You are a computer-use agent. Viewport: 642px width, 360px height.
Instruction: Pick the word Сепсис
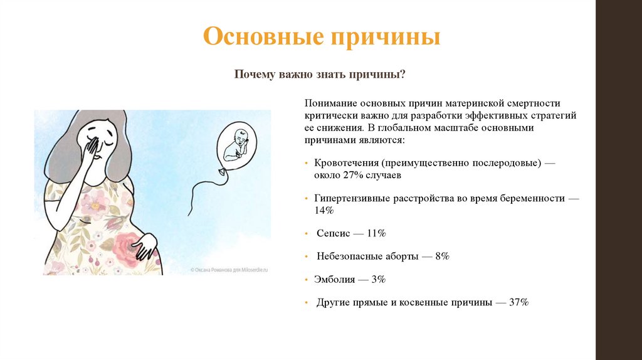pyautogui.click(x=332, y=233)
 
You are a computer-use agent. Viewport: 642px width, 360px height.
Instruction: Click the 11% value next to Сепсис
pyautogui.click(x=376, y=233)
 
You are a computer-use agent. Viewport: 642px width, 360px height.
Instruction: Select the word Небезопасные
pyautogui.click(x=351, y=257)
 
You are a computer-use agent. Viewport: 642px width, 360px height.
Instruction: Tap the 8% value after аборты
pyautogui.click(x=441, y=257)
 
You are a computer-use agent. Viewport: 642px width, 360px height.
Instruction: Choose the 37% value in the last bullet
pyautogui.click(x=519, y=302)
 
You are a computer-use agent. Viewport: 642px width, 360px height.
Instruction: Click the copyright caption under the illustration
pyautogui.click(x=229, y=269)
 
